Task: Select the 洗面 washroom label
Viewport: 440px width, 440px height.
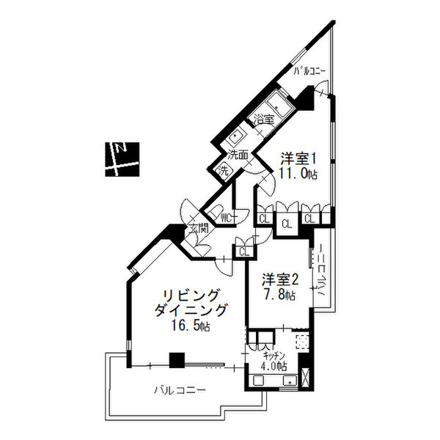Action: (237, 155)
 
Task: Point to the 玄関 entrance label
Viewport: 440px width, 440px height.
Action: (199, 229)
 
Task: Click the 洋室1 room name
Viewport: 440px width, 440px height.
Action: (298, 158)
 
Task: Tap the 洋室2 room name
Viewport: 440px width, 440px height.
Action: (280, 279)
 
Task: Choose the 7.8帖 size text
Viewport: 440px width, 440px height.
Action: (280, 296)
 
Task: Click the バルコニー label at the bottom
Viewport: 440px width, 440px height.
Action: (178, 389)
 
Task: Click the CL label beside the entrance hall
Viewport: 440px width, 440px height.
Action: (243, 252)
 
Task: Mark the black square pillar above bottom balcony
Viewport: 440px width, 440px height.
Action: (175, 360)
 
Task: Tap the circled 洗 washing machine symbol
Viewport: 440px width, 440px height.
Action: (222, 171)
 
